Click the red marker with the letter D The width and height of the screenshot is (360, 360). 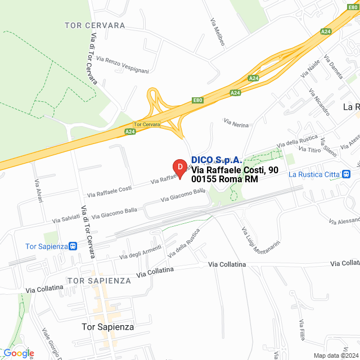tap(179, 168)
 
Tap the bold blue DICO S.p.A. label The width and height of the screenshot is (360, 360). tap(217, 160)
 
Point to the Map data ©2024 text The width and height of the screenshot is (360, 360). tap(335, 355)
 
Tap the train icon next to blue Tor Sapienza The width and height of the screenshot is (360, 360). tap(73, 246)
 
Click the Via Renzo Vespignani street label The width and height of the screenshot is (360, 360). tap(123, 65)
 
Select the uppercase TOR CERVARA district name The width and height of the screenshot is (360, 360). tap(95, 26)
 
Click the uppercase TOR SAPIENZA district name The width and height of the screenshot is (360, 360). tap(98, 280)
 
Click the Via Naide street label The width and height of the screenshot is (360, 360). tap(310, 69)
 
